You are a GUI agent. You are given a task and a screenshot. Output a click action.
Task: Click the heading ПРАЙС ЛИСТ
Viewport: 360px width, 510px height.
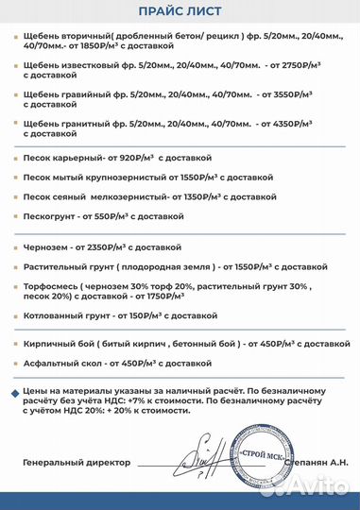coord(180,12)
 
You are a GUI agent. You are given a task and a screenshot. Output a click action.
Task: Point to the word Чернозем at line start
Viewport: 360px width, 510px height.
coord(48,246)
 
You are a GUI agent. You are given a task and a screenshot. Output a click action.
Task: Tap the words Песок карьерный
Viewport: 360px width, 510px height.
coord(62,158)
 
